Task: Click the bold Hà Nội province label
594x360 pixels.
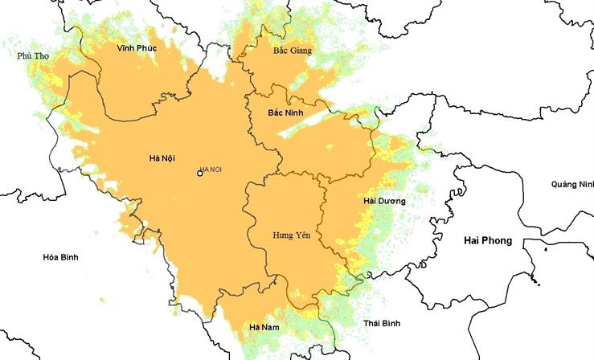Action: [163, 157]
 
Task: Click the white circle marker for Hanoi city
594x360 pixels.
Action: [200, 173]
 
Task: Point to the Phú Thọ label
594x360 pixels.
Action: [35, 55]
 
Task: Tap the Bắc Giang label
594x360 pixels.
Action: [292, 50]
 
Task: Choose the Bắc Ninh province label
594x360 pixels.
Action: [285, 112]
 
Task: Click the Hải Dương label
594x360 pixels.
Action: [384, 200]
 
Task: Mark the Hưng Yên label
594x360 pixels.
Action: [292, 235]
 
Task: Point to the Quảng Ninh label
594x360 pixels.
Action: [571, 184]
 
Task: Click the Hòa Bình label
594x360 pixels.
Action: [60, 257]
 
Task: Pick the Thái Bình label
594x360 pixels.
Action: [382, 322]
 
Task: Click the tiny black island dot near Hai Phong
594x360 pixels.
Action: [545, 249]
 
